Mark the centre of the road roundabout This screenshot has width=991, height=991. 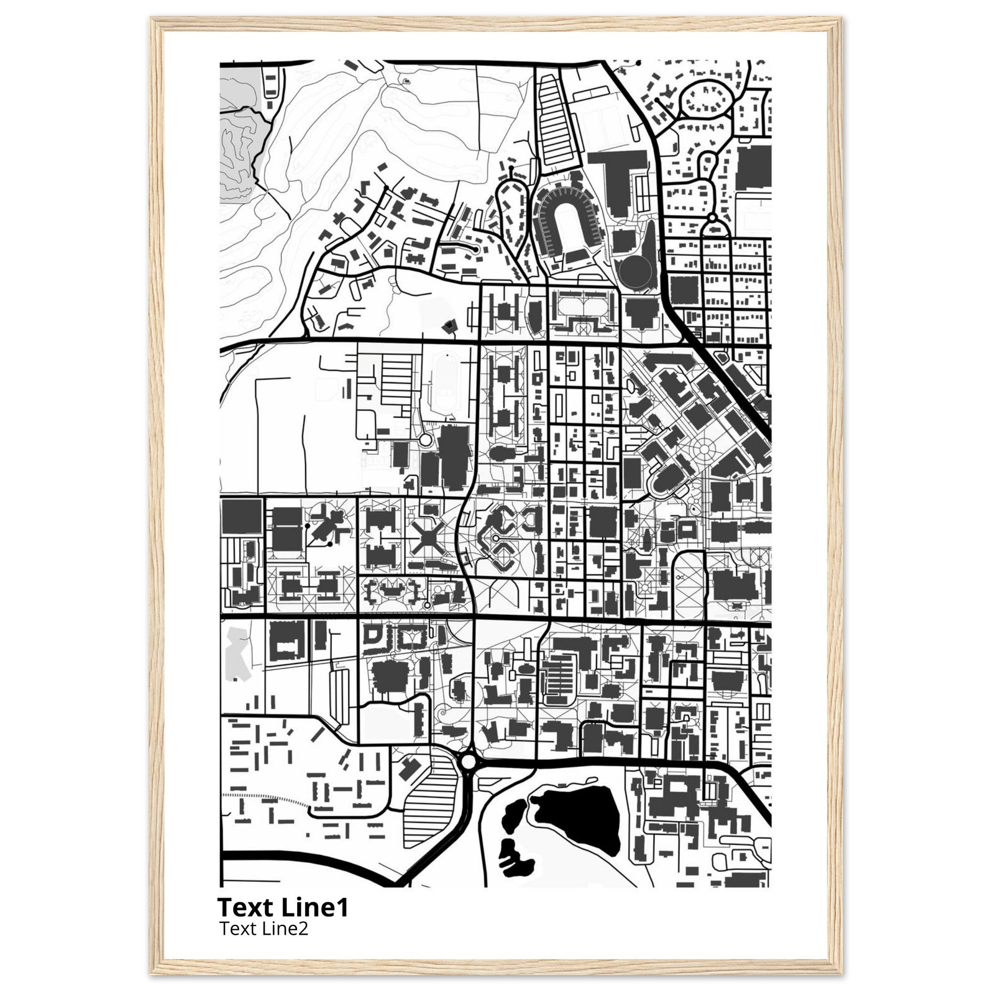click(469, 775)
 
